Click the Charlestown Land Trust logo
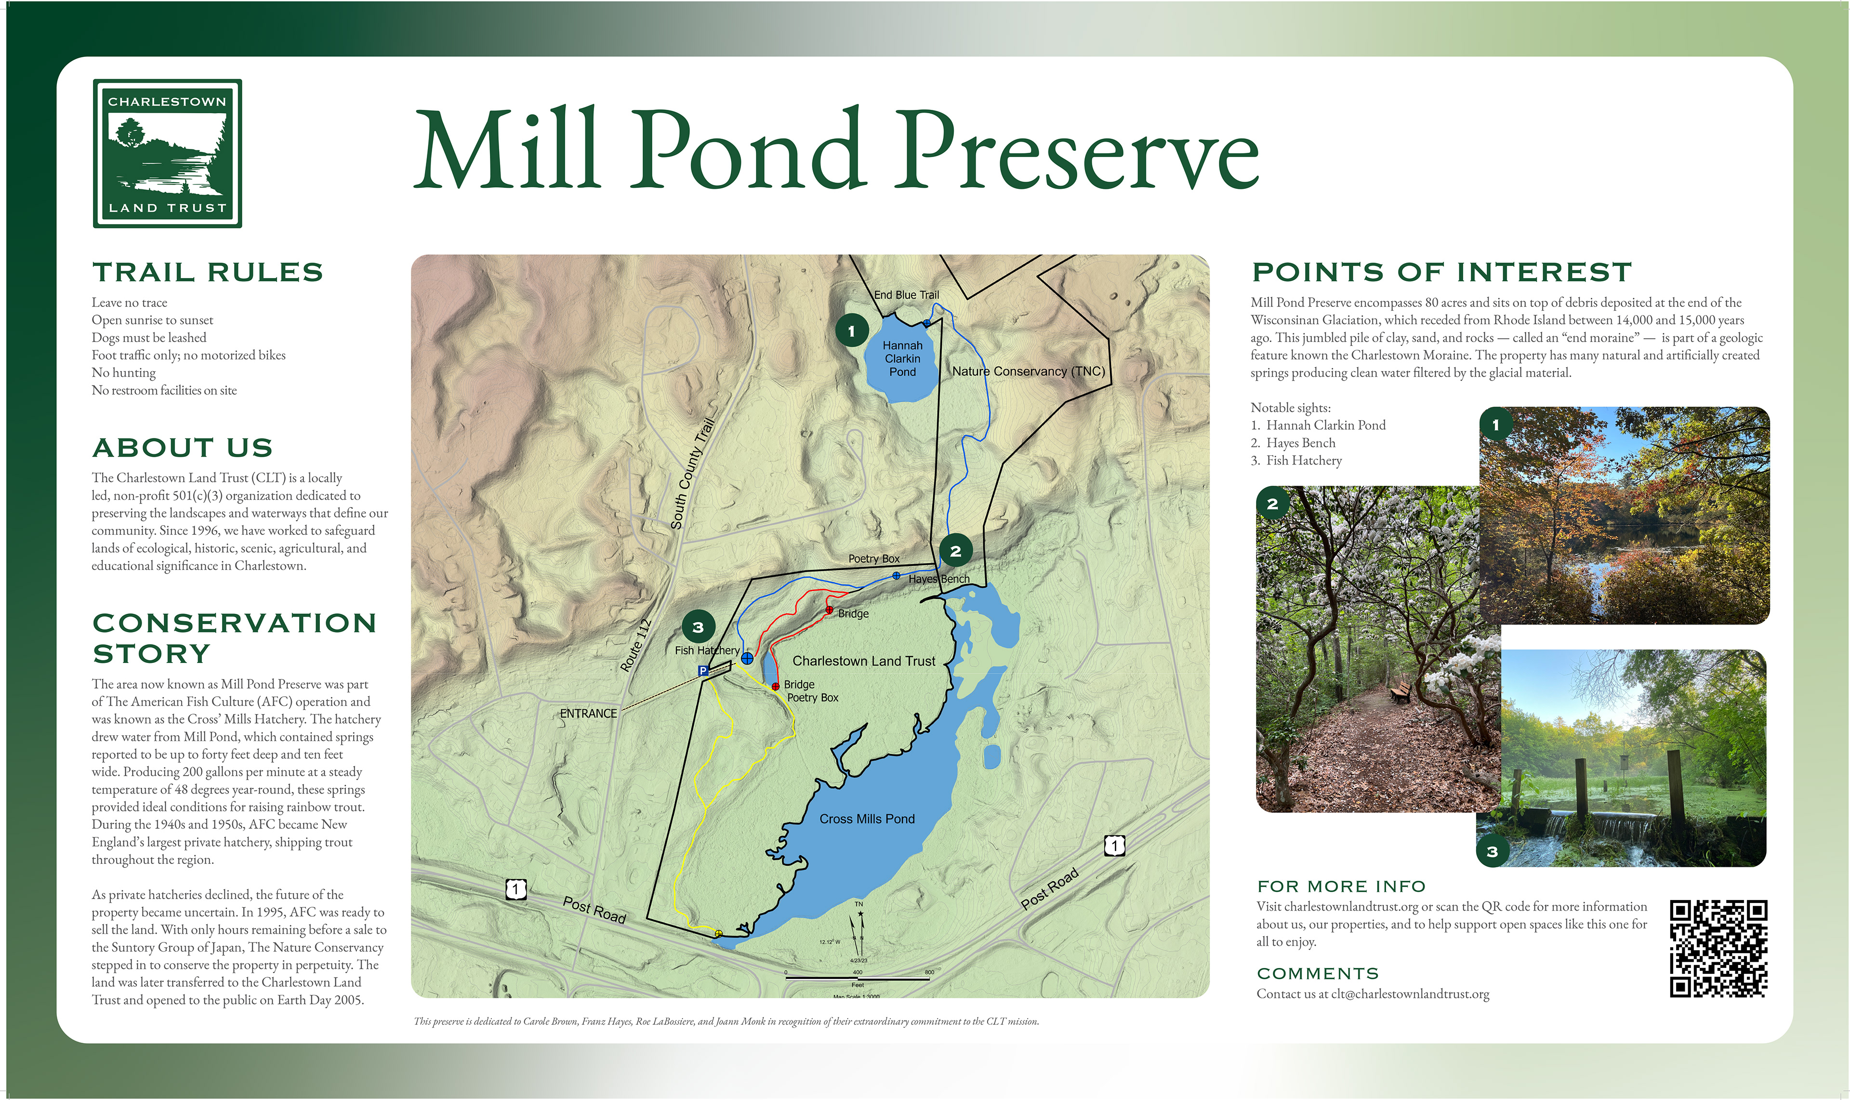click(x=168, y=153)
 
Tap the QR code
click(x=1718, y=949)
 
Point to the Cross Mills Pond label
click(x=867, y=819)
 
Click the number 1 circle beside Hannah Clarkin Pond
click(x=852, y=331)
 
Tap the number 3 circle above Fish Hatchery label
click(x=698, y=627)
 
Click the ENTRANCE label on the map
click(x=589, y=714)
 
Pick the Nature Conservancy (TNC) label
click(x=1029, y=371)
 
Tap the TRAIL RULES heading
click(x=208, y=272)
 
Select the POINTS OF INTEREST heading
click(x=1441, y=272)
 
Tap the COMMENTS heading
click(x=1318, y=973)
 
